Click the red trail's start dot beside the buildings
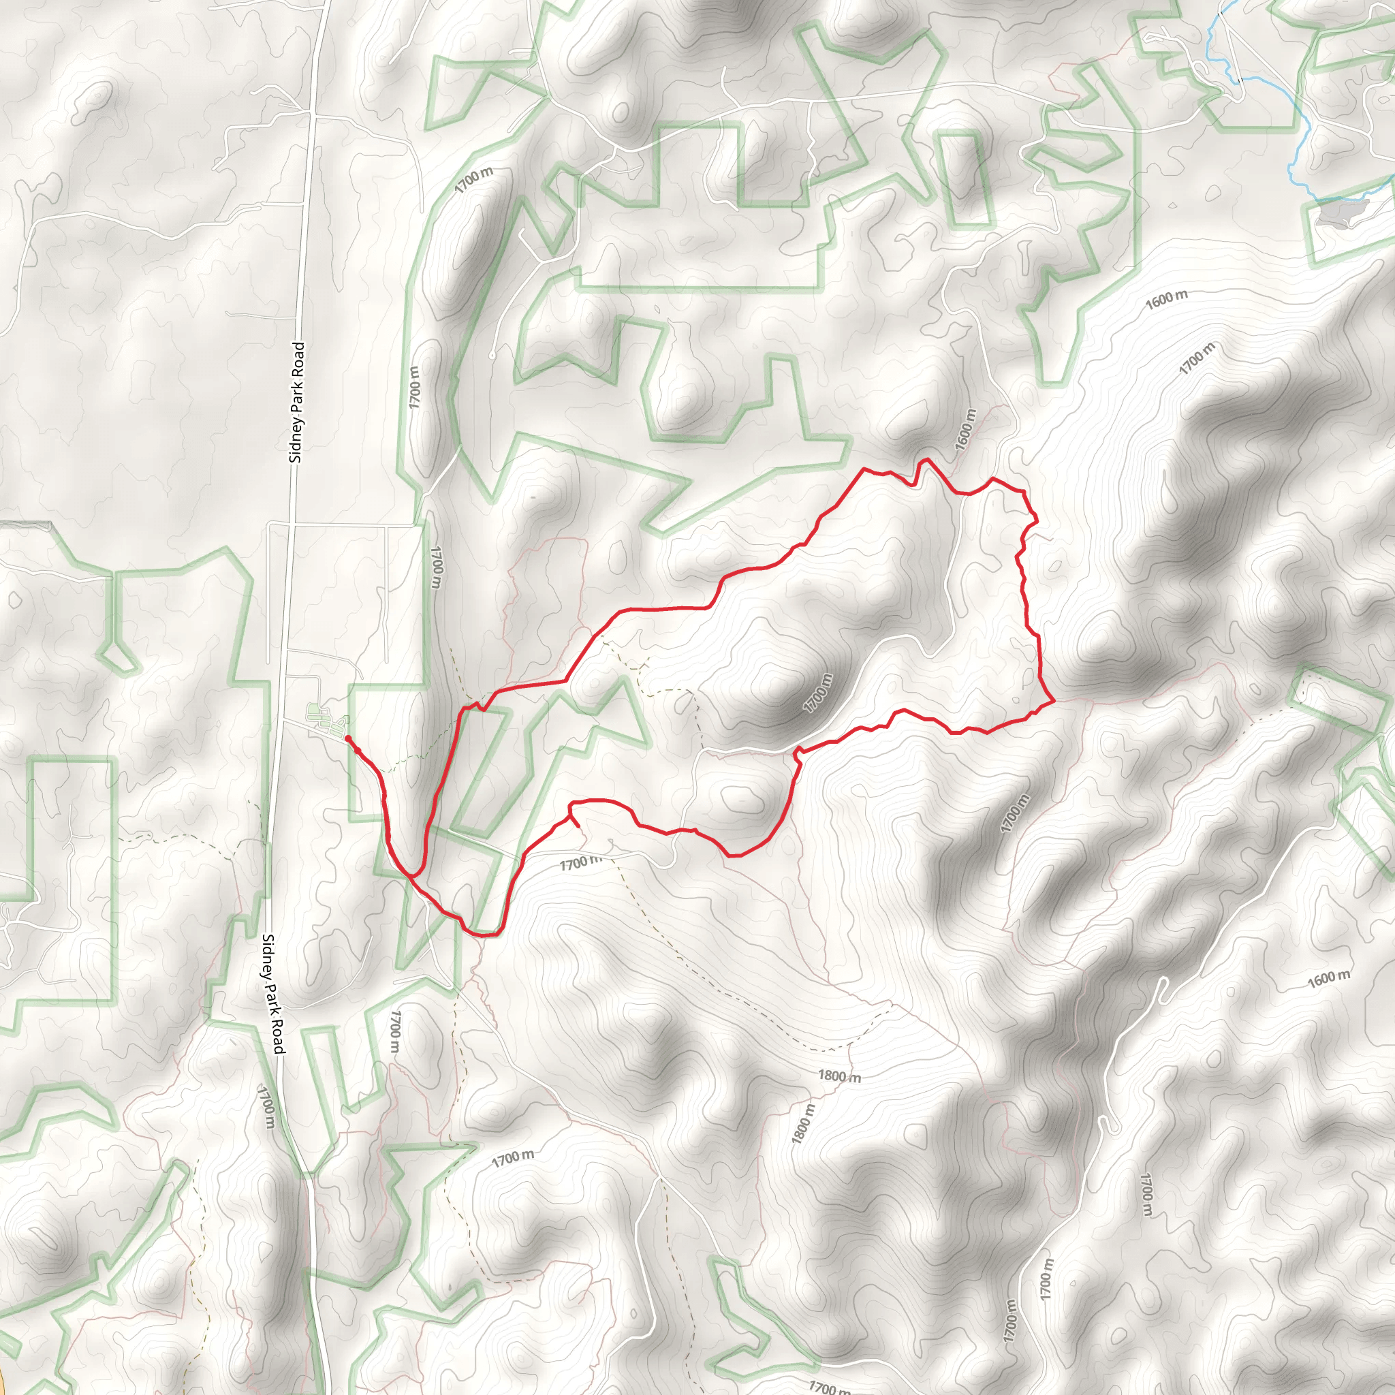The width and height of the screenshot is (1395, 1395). pyautogui.click(x=347, y=738)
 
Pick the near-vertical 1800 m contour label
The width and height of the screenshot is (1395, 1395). pyautogui.click(x=802, y=1123)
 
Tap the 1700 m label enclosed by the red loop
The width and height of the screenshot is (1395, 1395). pyautogui.click(x=818, y=693)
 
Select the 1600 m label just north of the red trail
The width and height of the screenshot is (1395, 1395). pyautogui.click(x=965, y=430)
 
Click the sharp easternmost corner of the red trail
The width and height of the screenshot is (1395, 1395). pyautogui.click(x=1055, y=700)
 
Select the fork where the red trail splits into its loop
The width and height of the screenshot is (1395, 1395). pyautogui.click(x=413, y=875)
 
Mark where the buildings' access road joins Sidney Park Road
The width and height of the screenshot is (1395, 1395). pyautogui.click(x=284, y=720)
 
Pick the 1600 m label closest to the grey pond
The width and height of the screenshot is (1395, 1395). pyautogui.click(x=1166, y=298)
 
